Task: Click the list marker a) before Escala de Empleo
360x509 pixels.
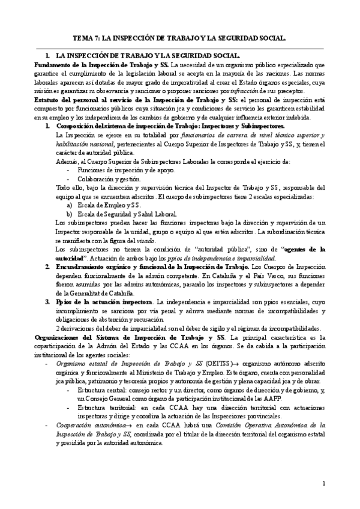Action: point(70,205)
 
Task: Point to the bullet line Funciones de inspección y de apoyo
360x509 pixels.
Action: point(125,170)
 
